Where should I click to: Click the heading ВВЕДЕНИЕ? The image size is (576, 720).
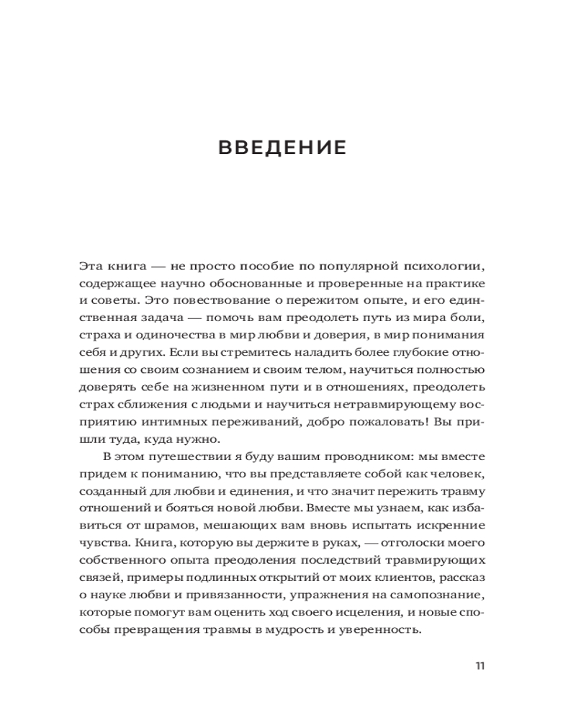pos(282,148)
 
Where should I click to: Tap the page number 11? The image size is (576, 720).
pos(480,665)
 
